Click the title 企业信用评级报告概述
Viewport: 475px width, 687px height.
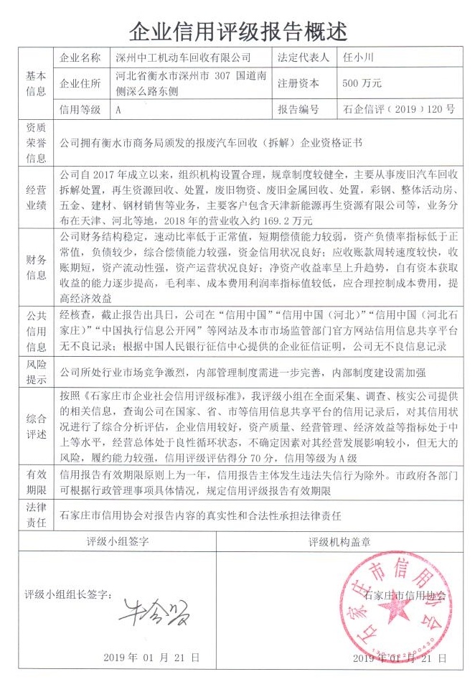point(237,30)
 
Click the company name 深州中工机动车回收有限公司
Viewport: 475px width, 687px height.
point(184,57)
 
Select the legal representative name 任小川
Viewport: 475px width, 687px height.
point(359,57)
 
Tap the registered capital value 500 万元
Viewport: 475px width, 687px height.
point(362,83)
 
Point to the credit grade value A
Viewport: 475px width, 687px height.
point(118,110)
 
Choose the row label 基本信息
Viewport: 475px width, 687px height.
point(36,83)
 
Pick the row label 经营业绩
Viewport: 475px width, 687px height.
point(36,197)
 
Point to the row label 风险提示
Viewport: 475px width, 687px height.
point(36,372)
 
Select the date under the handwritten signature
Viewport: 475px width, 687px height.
point(151,658)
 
